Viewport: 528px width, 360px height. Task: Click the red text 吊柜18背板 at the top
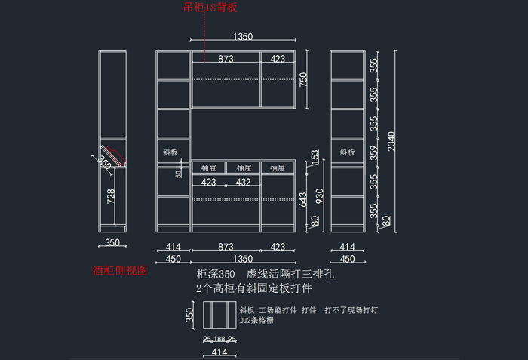(x=210, y=8)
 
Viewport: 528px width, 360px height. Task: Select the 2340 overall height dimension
(x=389, y=141)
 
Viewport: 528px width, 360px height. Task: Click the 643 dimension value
(x=304, y=198)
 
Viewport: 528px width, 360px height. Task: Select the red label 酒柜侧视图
(x=119, y=269)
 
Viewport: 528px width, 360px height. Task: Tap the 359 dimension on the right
(x=374, y=151)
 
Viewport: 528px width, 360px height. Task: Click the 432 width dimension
(x=243, y=182)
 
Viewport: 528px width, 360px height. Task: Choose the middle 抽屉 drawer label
(x=244, y=168)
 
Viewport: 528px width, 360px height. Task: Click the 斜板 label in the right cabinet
(x=347, y=152)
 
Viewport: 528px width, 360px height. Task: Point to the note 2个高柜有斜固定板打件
(x=254, y=288)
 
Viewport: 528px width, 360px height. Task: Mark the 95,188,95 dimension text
(x=220, y=339)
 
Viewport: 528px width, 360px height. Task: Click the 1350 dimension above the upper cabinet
(x=243, y=36)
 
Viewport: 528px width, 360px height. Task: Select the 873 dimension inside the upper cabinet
(x=226, y=58)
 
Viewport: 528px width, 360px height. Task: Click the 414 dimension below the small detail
(x=219, y=352)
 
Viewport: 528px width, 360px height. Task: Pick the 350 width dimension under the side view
(x=112, y=243)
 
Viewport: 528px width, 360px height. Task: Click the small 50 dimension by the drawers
(x=179, y=174)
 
